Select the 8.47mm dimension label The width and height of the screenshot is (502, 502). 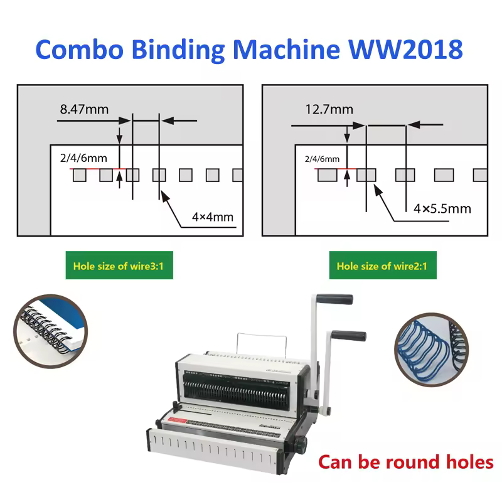pos(84,110)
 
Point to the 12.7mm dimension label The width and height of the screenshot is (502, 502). pos(329,110)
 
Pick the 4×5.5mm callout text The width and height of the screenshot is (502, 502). pos(442,208)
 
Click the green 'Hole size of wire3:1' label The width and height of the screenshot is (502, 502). pos(119,266)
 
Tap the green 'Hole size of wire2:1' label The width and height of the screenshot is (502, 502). pos(382,266)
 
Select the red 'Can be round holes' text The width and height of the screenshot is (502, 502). pos(405,462)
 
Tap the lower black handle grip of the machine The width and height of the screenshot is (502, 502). pos(350,336)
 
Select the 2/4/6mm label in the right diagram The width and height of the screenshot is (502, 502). pos(322,159)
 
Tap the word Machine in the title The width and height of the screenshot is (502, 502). pos(302,49)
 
